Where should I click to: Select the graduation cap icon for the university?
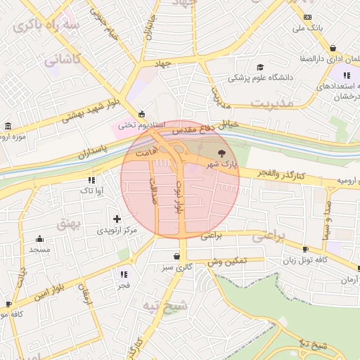click(261, 67)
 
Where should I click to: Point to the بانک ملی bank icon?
click(307, 17)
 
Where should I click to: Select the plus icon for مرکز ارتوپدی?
click(117, 219)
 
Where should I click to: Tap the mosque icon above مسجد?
click(39, 238)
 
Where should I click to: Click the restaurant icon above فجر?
click(124, 274)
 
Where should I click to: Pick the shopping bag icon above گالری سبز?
click(176, 256)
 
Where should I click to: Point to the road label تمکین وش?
click(226, 261)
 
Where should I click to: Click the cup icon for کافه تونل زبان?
click(304, 250)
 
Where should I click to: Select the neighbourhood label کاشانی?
click(63, 60)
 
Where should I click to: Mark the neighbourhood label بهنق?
click(89, 223)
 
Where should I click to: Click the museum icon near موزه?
click(8, 126)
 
